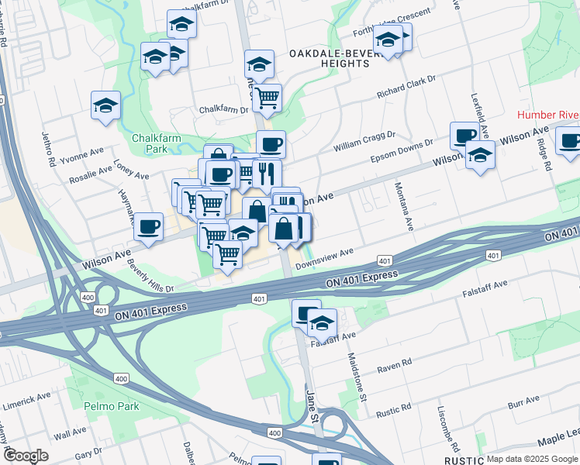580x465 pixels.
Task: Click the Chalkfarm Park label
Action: [x=150, y=143]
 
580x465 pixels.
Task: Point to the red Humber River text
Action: [x=547, y=115]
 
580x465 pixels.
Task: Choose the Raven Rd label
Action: [x=395, y=365]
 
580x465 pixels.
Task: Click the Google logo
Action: [x=26, y=456]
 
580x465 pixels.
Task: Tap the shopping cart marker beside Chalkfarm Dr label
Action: [x=267, y=98]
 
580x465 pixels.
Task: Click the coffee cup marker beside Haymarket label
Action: [x=148, y=226]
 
